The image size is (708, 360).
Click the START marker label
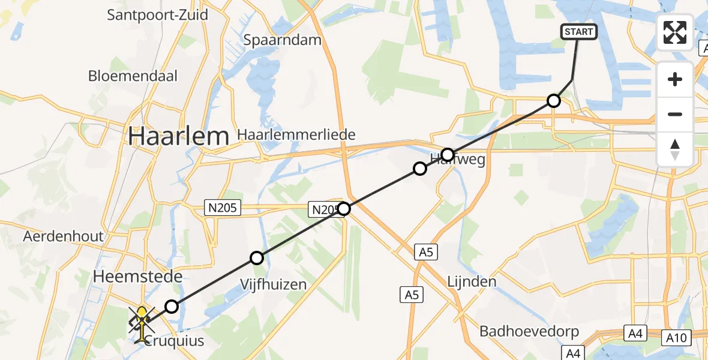coord(579,32)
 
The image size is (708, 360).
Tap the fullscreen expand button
coord(675,32)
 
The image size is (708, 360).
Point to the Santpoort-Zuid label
coord(157,14)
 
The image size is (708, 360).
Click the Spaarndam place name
coord(283,40)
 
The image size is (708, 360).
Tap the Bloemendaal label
coord(133,76)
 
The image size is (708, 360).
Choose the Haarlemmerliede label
coord(296,134)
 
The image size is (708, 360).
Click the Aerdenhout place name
coord(63,236)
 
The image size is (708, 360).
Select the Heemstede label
coord(137,277)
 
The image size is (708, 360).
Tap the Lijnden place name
coord(472,281)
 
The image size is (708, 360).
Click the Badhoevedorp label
coord(529,332)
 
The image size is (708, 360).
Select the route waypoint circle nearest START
coord(554,101)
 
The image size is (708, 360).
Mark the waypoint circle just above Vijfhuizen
coord(257,259)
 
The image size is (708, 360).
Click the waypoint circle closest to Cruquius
coord(172,307)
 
